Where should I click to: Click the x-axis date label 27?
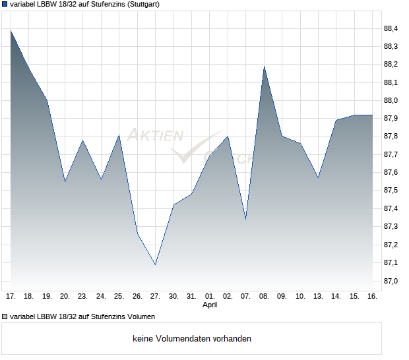point(155,297)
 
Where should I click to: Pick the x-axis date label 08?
point(264,297)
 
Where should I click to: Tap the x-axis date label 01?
point(210,297)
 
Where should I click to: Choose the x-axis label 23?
point(82,297)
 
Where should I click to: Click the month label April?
point(210,305)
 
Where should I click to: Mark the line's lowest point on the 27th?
point(155,264)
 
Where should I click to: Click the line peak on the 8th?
point(264,66)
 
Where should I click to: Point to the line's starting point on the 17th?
point(11,30)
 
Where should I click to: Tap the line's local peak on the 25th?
point(119,135)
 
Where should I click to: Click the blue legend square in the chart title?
point(5,4)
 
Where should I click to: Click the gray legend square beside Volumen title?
point(5,316)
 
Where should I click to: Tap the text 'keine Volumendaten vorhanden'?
point(192,339)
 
